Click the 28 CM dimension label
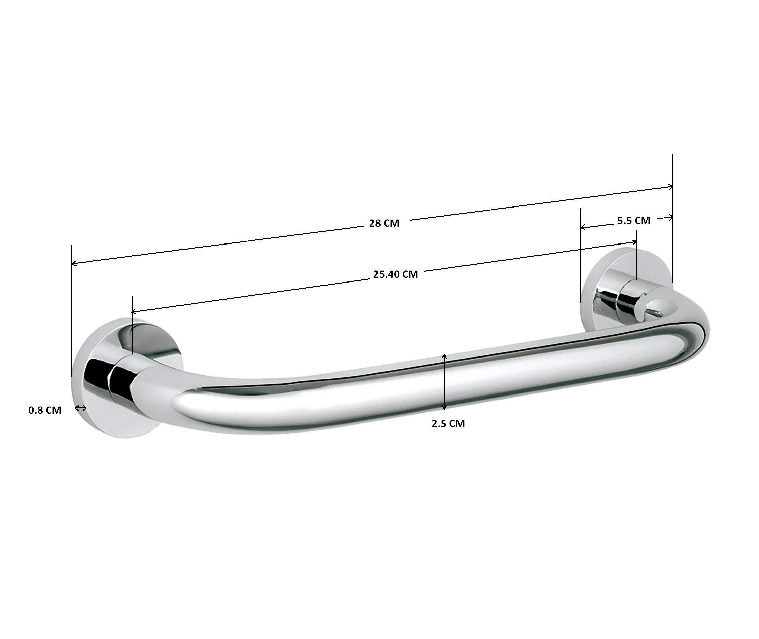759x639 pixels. click(384, 223)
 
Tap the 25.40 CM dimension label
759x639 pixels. click(395, 274)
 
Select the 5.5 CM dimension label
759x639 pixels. click(633, 220)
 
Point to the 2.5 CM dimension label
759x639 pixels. click(448, 423)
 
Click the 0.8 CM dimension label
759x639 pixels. click(45, 410)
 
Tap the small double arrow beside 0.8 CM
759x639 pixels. click(81, 408)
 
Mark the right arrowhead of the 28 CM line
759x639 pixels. click(671, 187)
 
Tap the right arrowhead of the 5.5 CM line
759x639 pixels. click(671, 218)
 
